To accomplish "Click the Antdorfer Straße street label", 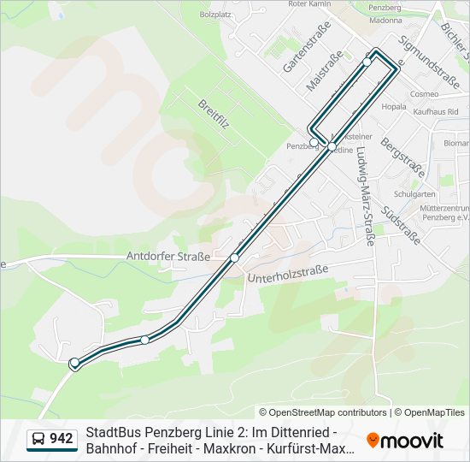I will (167, 256).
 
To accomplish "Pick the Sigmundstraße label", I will (429, 62).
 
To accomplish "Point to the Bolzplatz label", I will (215, 15).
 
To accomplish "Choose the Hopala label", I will (394, 107).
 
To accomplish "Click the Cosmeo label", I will (424, 93).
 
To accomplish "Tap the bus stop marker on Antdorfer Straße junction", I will (234, 258).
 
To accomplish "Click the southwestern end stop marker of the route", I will (74, 363).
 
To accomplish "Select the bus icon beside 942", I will (38, 440).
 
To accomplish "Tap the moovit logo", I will (405, 441).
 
